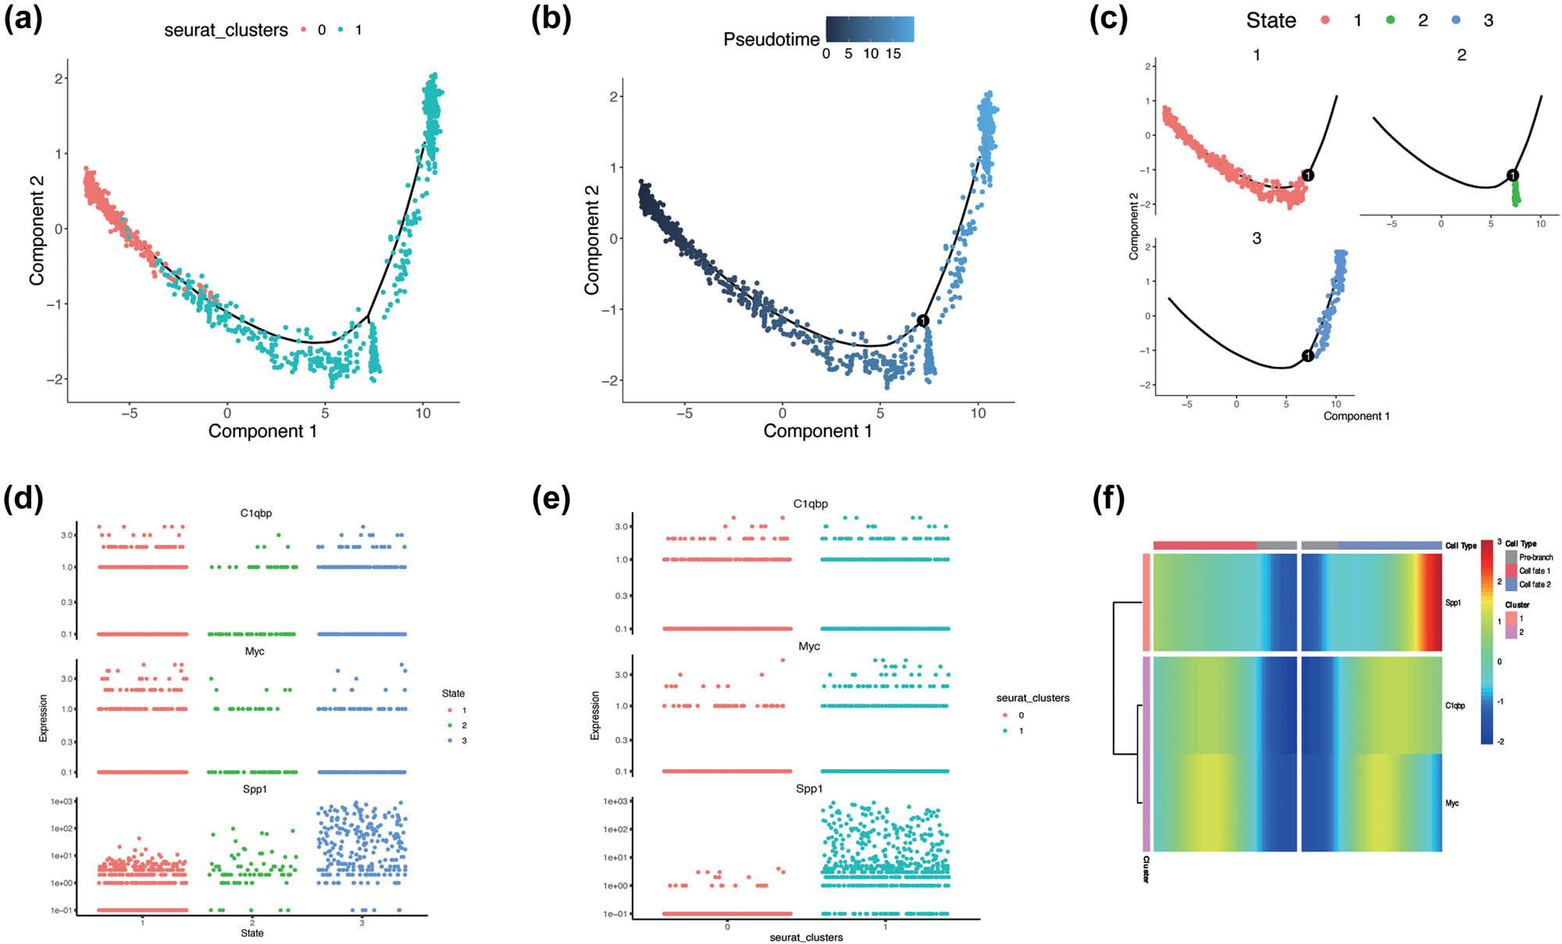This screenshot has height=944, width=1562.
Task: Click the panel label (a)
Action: [23, 18]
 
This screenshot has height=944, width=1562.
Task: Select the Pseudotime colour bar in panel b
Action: [869, 30]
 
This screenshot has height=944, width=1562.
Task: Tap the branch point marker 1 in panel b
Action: [922, 320]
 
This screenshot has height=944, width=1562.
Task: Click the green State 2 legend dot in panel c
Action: [1390, 20]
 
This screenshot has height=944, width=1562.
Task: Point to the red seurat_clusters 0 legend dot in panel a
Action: [304, 30]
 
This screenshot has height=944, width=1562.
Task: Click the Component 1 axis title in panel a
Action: [262, 431]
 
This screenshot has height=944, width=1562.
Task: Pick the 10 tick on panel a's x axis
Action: [423, 413]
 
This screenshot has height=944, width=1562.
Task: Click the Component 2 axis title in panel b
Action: [592, 240]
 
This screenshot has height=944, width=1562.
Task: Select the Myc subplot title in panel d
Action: [255, 651]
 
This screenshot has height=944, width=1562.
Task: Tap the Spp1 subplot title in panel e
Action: [809, 789]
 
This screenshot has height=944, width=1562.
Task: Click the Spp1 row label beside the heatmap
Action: [1453, 603]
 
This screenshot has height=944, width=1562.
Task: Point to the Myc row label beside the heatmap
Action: [1452, 803]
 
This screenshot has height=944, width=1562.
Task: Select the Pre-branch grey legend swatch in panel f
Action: [1511, 557]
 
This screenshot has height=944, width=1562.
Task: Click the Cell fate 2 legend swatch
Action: [1511, 584]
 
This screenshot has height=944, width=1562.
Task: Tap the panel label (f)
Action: [1108, 498]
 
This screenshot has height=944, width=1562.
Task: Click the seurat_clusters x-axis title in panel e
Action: [806, 937]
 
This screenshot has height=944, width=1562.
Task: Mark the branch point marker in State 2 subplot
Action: [1513, 176]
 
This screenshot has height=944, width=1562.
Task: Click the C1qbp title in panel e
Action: [810, 504]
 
